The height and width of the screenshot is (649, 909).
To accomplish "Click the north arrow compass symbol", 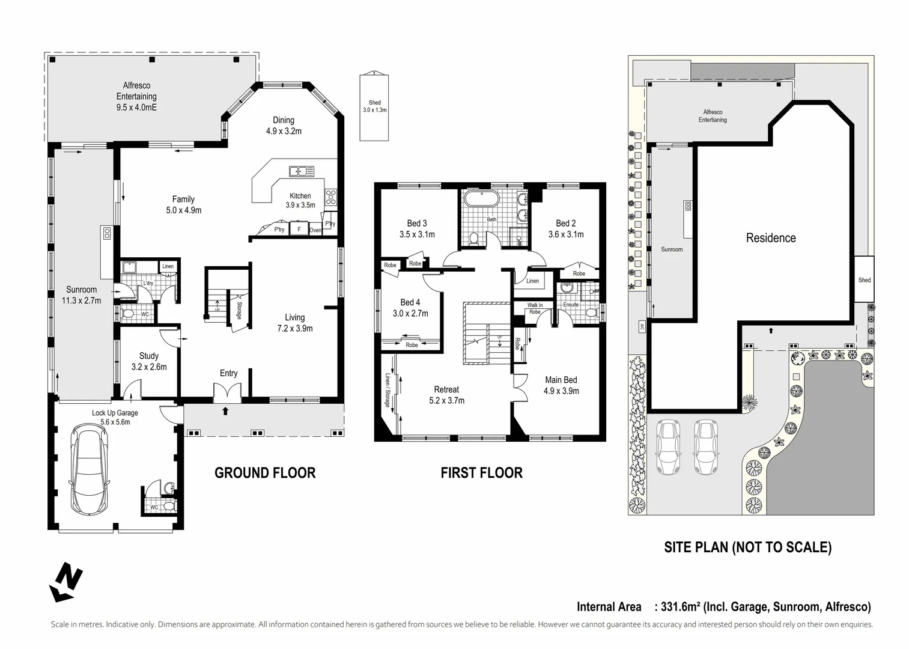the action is [x=65, y=582].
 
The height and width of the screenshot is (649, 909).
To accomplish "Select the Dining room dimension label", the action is [x=284, y=131].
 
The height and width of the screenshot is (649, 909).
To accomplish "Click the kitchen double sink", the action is [x=302, y=171].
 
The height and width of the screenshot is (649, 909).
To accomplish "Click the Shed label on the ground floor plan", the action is [x=374, y=103].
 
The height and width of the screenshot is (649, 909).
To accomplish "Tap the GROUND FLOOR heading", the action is [x=265, y=473].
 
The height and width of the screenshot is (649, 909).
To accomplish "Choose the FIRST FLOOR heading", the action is [x=482, y=473].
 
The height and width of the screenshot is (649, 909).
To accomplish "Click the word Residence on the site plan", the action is [x=771, y=238].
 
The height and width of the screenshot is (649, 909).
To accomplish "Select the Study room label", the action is [x=149, y=356].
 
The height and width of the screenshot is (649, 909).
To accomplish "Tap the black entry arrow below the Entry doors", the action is [x=225, y=411].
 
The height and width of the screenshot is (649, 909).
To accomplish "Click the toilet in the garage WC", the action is [x=169, y=506].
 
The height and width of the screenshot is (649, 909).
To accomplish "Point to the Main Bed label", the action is [x=561, y=380].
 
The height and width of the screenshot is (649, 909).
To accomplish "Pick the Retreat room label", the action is [x=446, y=389].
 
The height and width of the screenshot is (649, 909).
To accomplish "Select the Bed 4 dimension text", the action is [x=410, y=313].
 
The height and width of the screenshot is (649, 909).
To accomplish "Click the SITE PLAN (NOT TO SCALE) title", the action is [x=747, y=547].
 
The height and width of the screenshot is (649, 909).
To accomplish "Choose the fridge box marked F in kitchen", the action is [x=299, y=230].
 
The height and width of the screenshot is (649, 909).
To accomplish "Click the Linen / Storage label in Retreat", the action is [x=388, y=390].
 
